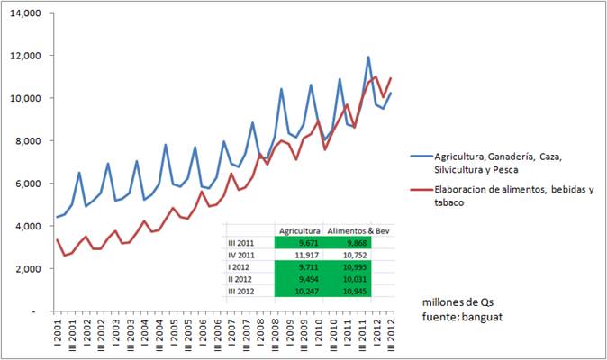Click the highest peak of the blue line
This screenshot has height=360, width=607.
click(368, 58)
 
